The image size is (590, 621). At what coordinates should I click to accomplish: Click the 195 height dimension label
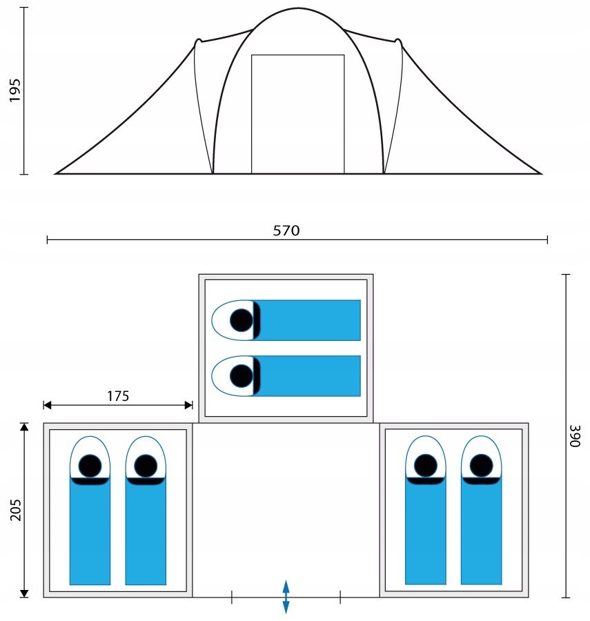coord(14,90)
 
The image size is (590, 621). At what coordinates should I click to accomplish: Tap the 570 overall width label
coord(286,230)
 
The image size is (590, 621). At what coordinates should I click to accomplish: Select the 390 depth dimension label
coord(575,436)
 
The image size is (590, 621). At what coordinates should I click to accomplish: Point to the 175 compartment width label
coord(118,396)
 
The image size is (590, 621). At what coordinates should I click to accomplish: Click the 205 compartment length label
coord(15,510)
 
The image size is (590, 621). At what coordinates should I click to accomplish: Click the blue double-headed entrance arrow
coord(286,597)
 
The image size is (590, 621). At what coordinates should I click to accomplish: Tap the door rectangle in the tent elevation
coord(298,114)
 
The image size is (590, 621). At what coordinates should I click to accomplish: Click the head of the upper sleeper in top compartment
coord(241,320)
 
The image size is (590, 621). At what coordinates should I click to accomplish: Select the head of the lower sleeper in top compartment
coord(241,376)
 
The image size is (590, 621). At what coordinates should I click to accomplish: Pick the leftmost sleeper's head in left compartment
coord(90,466)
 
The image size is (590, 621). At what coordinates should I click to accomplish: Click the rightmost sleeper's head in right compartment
coord(481,465)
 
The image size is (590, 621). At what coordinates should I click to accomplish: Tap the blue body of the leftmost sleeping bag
coord(90,531)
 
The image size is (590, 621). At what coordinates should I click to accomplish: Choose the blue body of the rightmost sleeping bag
coord(481,531)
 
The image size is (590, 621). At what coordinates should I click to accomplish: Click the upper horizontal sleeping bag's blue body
coord(307,320)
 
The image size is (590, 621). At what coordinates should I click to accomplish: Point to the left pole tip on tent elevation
coord(198,41)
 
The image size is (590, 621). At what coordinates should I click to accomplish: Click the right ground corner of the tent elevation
coord(541,173)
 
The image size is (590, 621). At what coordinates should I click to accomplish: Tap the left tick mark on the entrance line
coord(232,597)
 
